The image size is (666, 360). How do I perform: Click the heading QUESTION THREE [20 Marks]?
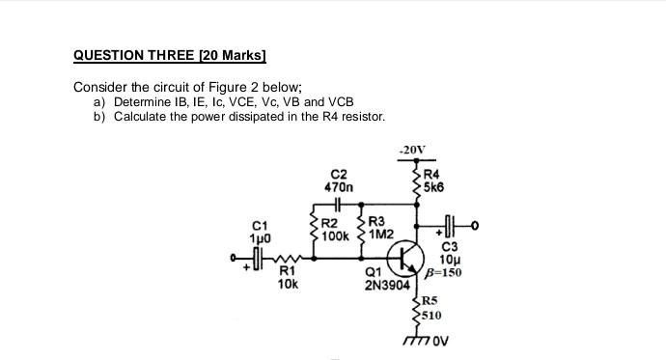170,56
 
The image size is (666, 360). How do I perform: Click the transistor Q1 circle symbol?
405,260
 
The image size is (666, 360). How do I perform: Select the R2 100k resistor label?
335,229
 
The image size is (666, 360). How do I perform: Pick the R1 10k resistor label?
288,278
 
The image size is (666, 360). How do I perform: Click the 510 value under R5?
433,315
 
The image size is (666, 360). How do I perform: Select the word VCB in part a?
341,102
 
